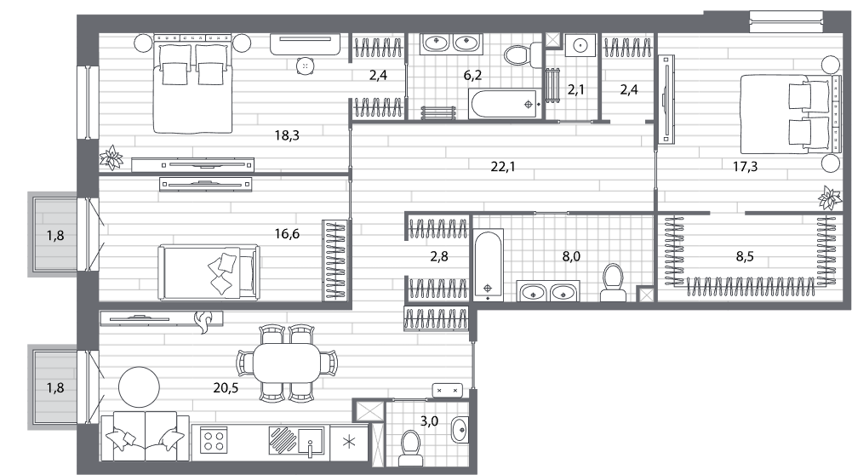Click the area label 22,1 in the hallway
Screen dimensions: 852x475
(x=503, y=167)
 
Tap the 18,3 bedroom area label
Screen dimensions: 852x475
(x=286, y=135)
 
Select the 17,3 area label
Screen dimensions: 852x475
(x=745, y=167)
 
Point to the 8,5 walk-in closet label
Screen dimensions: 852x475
(x=745, y=256)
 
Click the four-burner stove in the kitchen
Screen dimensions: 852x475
(x=213, y=440)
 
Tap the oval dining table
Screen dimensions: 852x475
(x=286, y=363)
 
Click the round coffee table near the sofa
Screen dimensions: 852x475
(x=139, y=387)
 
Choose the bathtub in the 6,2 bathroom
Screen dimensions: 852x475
(x=504, y=104)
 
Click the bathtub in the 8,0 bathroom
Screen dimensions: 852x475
(x=488, y=265)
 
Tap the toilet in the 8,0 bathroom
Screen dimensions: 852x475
(x=613, y=283)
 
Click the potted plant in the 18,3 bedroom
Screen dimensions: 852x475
(x=112, y=157)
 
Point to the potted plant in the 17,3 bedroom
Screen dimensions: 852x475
(x=830, y=197)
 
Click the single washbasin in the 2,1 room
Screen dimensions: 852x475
(x=580, y=44)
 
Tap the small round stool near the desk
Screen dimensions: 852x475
(x=306, y=66)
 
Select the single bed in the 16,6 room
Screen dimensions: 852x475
(x=209, y=272)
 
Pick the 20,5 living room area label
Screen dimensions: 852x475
(x=226, y=388)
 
